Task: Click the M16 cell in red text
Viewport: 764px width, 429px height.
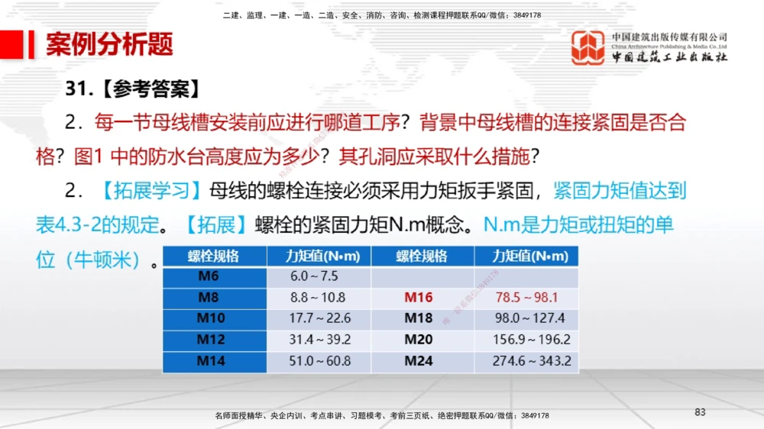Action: [419, 298]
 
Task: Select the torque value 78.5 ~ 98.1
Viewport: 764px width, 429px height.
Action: [526, 298]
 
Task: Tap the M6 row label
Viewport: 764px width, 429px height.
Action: [209, 276]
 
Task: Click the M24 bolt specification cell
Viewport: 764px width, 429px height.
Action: [419, 361]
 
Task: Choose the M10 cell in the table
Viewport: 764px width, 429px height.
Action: [212, 318]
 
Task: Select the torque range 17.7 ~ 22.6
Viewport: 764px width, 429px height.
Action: [319, 318]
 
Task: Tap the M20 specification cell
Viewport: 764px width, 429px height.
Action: [419, 340]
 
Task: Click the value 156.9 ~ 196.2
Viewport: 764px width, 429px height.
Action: [532, 340]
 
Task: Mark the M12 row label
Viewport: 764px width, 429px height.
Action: [212, 340]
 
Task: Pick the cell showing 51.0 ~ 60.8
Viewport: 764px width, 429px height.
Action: [319, 361]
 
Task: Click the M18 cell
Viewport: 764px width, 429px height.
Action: [419, 318]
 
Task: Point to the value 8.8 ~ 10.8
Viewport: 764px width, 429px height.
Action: [318, 298]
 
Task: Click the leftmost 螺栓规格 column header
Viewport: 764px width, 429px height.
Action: [213, 256]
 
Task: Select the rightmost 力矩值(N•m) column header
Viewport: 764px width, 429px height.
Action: [526, 256]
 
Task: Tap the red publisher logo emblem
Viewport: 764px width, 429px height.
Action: [588, 47]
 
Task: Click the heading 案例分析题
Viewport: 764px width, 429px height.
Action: [109, 45]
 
